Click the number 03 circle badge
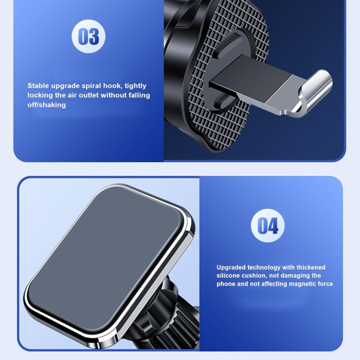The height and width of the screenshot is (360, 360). (88, 37)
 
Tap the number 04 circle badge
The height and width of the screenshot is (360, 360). (268, 225)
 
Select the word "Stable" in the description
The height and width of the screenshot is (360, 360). (39, 86)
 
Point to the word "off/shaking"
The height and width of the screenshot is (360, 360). (47, 105)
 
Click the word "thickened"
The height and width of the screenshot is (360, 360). (309, 267)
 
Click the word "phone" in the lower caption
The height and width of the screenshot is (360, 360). (226, 284)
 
